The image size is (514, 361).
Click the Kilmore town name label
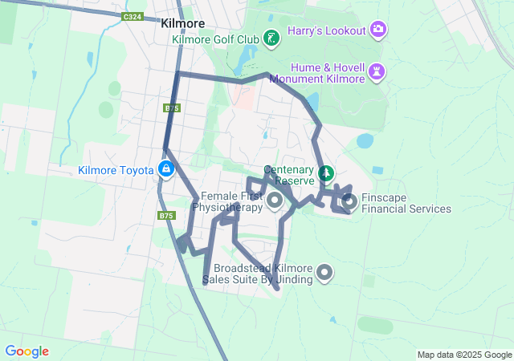tap(182, 23)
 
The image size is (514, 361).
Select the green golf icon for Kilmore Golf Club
tap(272, 38)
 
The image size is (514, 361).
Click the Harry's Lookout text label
tap(328, 30)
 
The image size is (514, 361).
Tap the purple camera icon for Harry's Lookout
tap(378, 30)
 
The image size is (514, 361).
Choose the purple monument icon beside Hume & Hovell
tap(378, 73)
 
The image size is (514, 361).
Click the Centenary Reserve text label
tap(288, 176)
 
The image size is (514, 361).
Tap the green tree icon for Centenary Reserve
tap(326, 172)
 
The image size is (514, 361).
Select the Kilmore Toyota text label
tap(116, 170)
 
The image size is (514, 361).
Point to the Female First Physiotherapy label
tap(231, 201)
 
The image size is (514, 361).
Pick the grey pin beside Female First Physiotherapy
tap(274, 201)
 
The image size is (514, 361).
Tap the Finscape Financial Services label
tap(406, 203)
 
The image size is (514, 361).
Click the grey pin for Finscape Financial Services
tap(349, 202)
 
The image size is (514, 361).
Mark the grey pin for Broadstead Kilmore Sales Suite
tap(324, 273)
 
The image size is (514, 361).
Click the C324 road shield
tap(133, 16)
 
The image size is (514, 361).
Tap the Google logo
tap(27, 351)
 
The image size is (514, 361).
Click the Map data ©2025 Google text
tap(463, 355)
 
